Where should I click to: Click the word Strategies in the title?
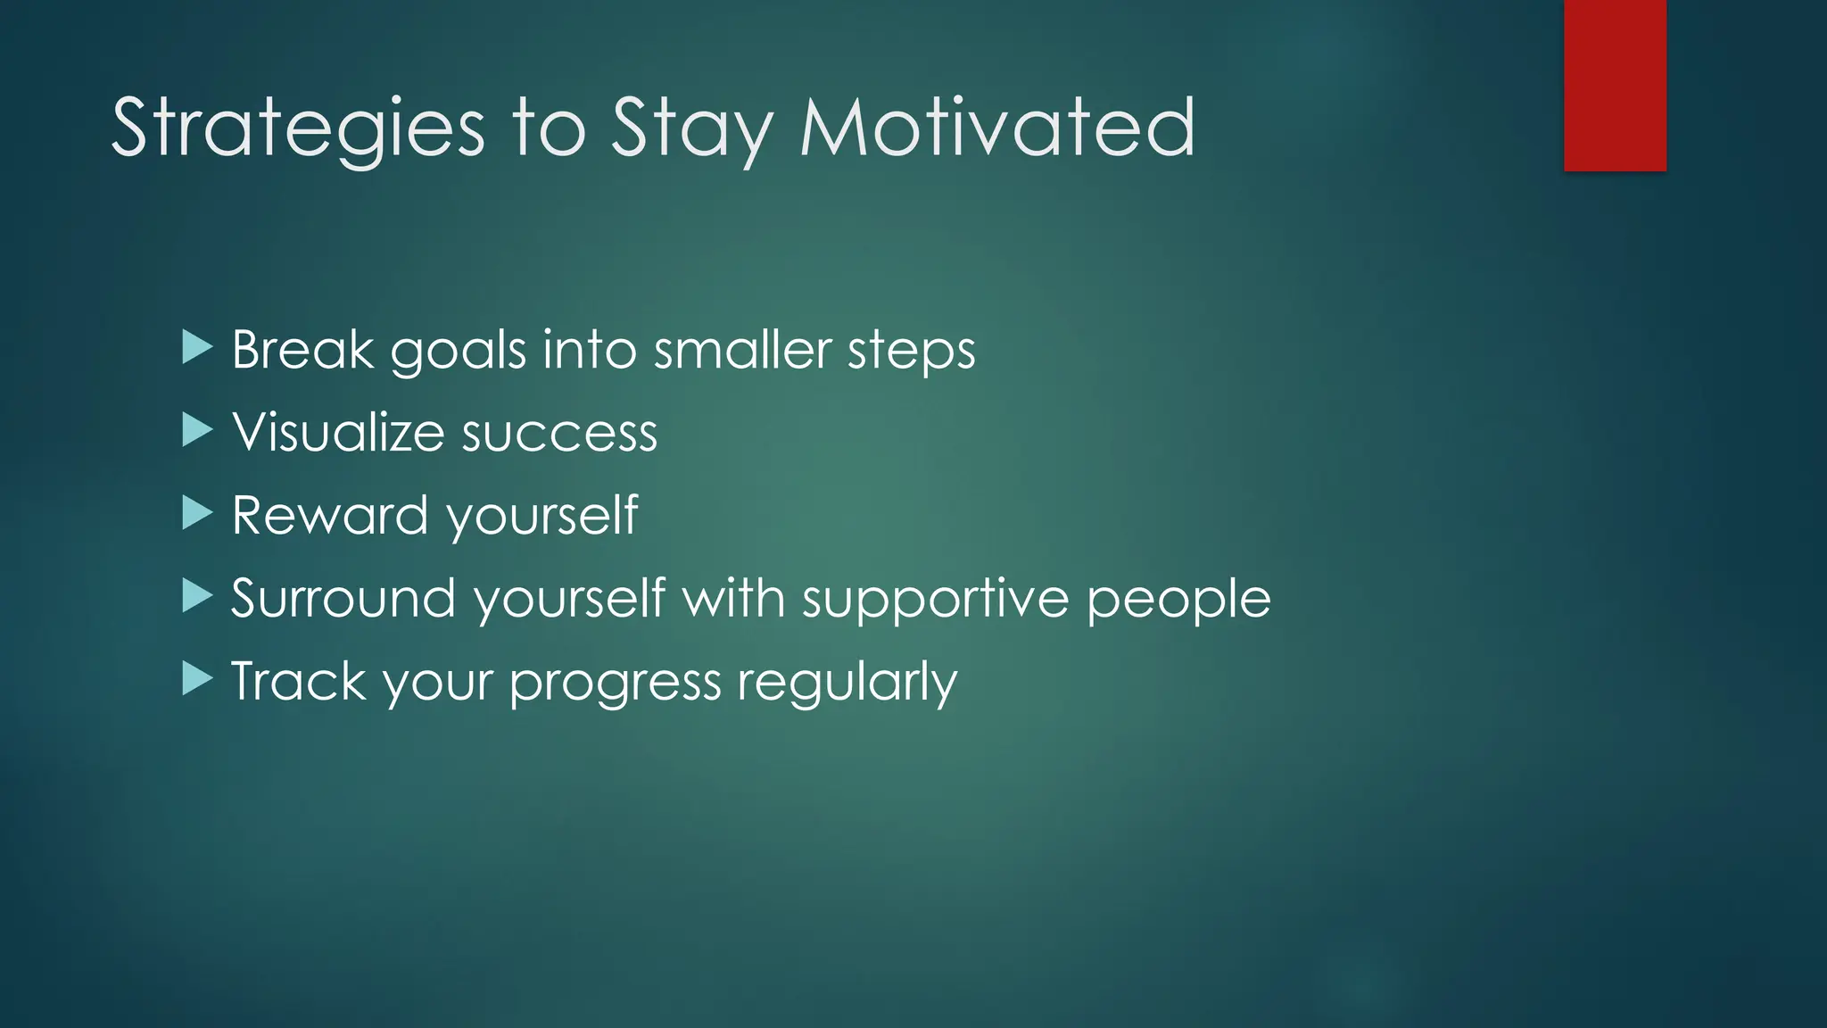pos(298,129)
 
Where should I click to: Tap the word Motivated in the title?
pos(996,129)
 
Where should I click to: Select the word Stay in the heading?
pos(690,129)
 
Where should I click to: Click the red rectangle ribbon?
pos(1615,85)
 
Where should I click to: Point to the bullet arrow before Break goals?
pos(196,347)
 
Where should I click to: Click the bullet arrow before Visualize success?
pos(196,430)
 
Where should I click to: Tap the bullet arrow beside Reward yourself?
pos(196,513)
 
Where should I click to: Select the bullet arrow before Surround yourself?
pos(196,596)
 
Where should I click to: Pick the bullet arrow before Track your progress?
pos(196,679)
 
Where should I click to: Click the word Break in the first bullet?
pos(302,349)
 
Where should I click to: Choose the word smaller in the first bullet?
pos(742,349)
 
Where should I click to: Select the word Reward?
pos(329,515)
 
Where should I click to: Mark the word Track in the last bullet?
pos(298,681)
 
